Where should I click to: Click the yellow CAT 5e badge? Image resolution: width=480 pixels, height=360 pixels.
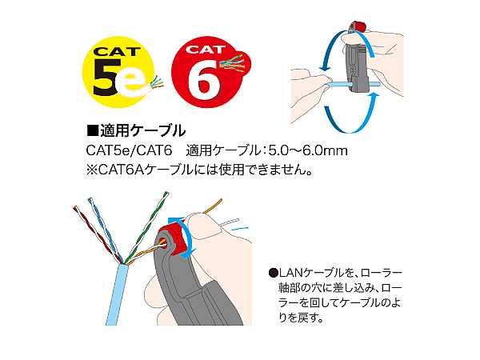pyautogui.click(x=120, y=73)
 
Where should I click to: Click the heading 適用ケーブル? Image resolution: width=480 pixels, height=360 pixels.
pyautogui.click(x=142, y=131)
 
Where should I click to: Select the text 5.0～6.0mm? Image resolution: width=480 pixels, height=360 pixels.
pyautogui.click(x=308, y=151)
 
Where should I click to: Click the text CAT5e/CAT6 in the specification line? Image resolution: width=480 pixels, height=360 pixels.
pyautogui.click(x=129, y=151)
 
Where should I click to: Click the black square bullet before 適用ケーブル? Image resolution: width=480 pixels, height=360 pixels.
pyautogui.click(x=93, y=131)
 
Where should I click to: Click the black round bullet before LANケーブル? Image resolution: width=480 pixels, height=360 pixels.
pyautogui.click(x=273, y=273)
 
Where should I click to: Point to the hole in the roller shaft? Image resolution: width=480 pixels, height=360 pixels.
pyautogui.click(x=162, y=244)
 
